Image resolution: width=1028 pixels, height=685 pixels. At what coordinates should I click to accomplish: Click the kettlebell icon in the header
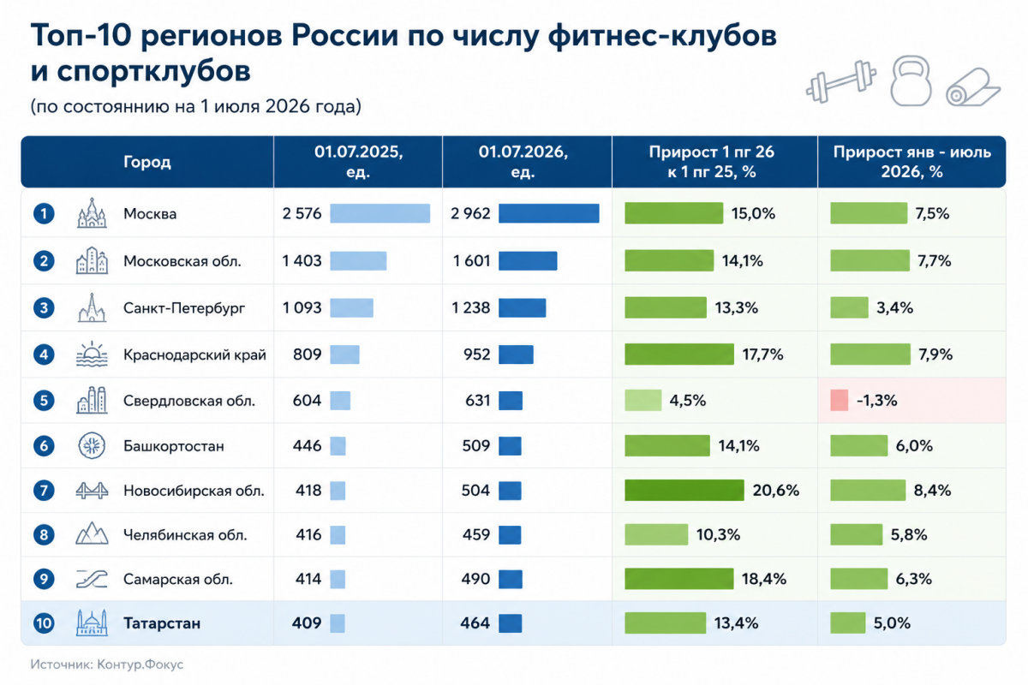point(911,80)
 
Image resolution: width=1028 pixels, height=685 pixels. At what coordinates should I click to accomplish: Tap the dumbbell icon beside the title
point(841,81)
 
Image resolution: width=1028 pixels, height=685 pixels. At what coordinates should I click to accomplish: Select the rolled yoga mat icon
point(972,87)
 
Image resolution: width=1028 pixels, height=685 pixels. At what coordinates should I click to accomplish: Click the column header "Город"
point(146,162)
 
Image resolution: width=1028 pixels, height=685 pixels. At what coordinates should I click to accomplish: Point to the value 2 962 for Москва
point(470,214)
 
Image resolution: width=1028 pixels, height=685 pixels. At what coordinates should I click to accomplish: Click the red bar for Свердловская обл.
point(839,400)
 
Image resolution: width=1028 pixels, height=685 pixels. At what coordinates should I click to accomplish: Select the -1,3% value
point(876,401)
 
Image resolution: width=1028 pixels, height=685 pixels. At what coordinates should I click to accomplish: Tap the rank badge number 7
point(44,491)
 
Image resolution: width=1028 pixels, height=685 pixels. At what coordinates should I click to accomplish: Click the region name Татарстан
point(162,623)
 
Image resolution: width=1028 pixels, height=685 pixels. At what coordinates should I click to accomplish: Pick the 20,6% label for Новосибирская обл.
point(775,491)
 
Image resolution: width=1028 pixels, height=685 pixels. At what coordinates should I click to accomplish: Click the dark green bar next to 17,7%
point(679,354)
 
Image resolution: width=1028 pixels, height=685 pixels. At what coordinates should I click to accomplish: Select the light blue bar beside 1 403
point(358,260)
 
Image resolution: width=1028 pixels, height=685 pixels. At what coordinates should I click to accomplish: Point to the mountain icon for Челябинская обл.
point(92,533)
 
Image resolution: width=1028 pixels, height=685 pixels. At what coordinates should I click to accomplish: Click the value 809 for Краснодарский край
point(307,354)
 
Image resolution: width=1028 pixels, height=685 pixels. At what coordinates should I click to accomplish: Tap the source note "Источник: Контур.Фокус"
point(107,664)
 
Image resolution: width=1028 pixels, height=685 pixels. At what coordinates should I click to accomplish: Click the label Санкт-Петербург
point(184,308)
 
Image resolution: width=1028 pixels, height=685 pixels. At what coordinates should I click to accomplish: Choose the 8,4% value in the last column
point(932,491)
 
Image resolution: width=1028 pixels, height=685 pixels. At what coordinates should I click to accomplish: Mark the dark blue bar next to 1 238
point(523,307)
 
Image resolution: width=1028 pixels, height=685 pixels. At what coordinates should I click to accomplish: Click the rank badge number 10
point(44,623)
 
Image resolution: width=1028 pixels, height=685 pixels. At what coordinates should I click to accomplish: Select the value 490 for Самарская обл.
point(476,579)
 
